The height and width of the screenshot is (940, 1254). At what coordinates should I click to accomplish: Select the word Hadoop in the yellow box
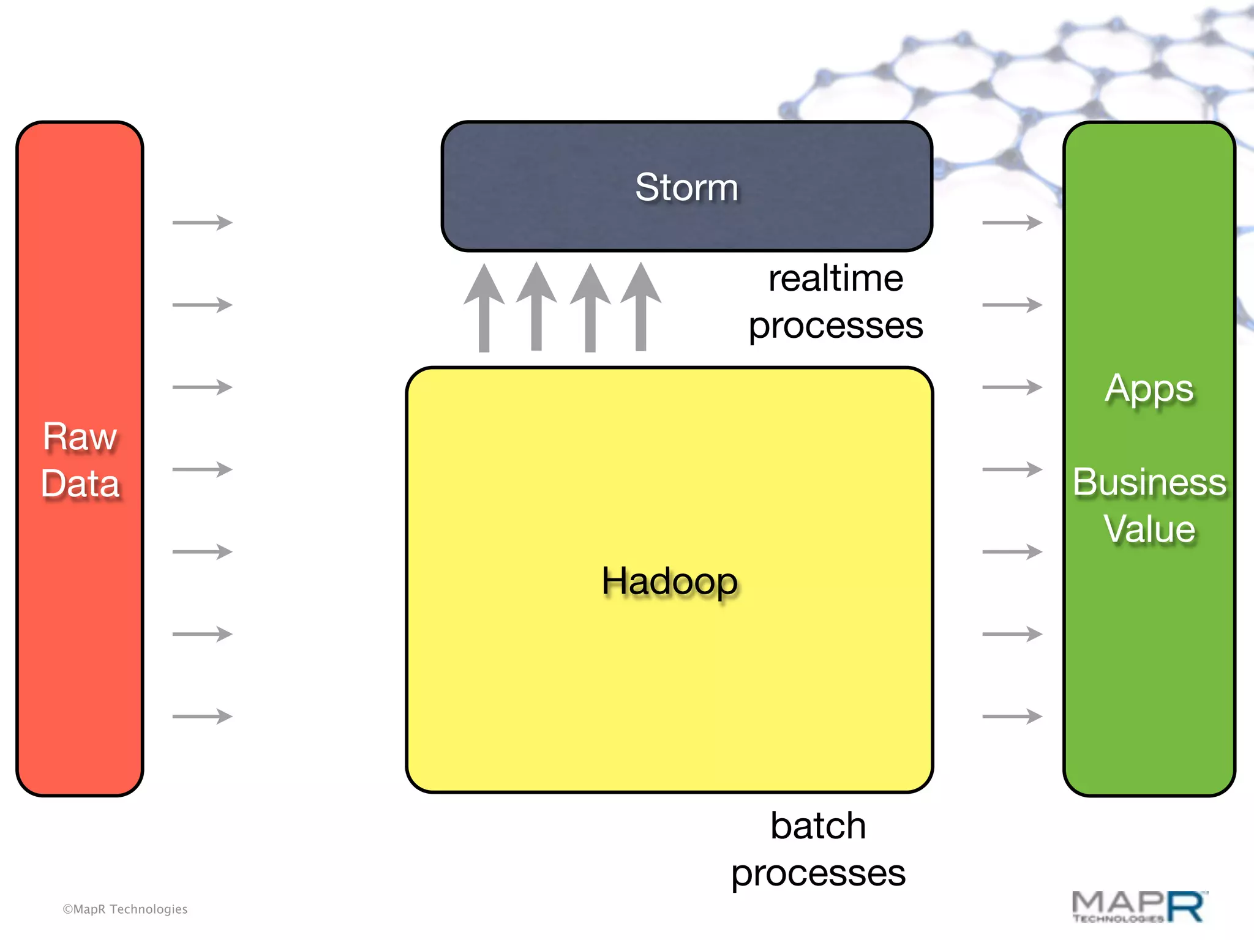pos(669,581)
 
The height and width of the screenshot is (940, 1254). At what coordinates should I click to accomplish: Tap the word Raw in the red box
pos(80,437)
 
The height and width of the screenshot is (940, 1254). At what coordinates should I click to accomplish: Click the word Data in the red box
pos(80,483)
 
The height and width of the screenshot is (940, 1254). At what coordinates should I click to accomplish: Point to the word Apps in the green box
pos(1149,389)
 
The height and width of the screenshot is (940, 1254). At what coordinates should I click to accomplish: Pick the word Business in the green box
pos(1149,482)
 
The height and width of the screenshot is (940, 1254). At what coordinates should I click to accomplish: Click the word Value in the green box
pos(1149,529)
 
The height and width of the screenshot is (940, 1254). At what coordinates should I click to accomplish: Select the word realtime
pos(836,278)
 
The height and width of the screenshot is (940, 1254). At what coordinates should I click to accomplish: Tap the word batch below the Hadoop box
pos(818,826)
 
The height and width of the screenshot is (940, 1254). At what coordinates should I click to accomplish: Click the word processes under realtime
pos(836,325)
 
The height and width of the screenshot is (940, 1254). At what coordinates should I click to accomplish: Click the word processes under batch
pos(818,873)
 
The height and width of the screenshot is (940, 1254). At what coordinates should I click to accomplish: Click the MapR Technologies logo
pos(1139,907)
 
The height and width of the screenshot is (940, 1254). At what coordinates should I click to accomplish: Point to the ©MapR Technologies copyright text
pos(125,909)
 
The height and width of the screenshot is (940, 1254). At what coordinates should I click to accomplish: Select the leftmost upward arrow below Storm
pos(484,308)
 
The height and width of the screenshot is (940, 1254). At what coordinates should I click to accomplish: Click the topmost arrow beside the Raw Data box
pos(203,222)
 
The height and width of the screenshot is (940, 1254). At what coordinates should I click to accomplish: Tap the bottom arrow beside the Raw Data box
pos(203,716)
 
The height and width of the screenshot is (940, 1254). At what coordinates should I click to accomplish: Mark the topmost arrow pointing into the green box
pos(1012,222)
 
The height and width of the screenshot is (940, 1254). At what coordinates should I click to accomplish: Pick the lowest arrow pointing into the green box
pos(1012,716)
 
